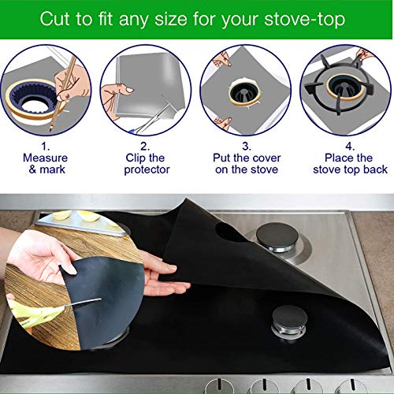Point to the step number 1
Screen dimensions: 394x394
pyautogui.click(x=46, y=145)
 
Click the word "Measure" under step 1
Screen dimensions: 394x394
pyautogui.click(x=46, y=158)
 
